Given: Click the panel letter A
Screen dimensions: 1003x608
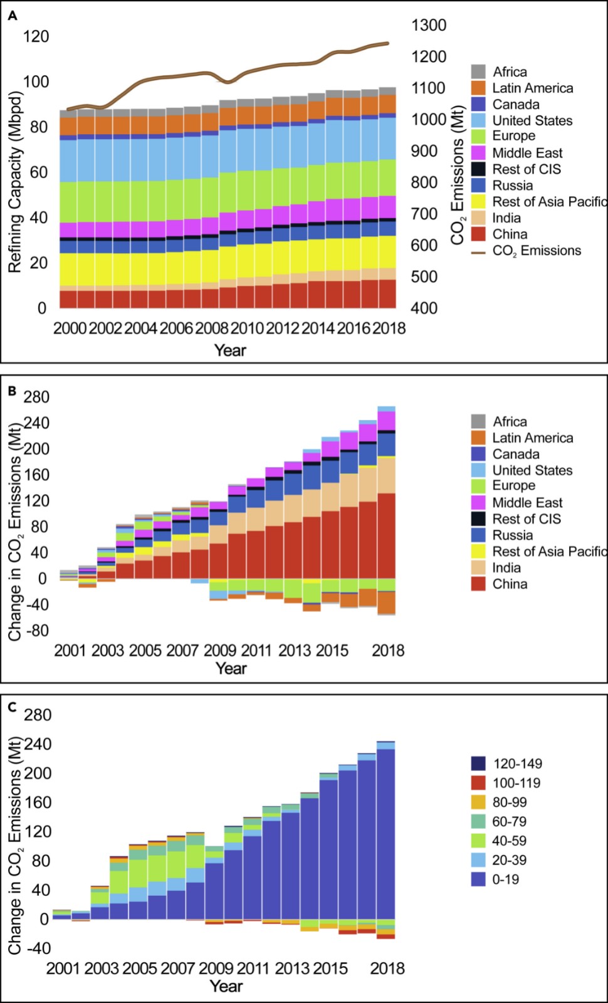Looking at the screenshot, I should (x=12, y=17).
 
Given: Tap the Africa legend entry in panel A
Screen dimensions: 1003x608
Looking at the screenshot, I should (x=509, y=72).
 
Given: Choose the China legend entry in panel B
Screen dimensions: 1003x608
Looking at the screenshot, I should (x=509, y=584).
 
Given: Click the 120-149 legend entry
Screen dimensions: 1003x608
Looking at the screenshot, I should (x=516, y=764).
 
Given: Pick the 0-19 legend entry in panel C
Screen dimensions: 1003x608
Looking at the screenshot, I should (x=506, y=880).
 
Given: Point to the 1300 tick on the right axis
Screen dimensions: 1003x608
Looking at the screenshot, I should (x=429, y=26).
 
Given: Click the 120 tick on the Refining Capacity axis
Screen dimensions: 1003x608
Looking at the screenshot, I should (x=36, y=36).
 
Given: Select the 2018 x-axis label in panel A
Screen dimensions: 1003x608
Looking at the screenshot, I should (x=389, y=328).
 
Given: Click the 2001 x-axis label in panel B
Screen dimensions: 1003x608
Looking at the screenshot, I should (x=70, y=650).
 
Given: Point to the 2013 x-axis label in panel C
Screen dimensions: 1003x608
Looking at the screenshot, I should (x=293, y=968).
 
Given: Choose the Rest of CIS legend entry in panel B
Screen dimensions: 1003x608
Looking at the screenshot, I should (x=526, y=519).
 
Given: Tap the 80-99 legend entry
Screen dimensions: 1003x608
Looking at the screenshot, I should (x=509, y=802).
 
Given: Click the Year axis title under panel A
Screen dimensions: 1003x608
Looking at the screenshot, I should (x=230, y=350).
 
